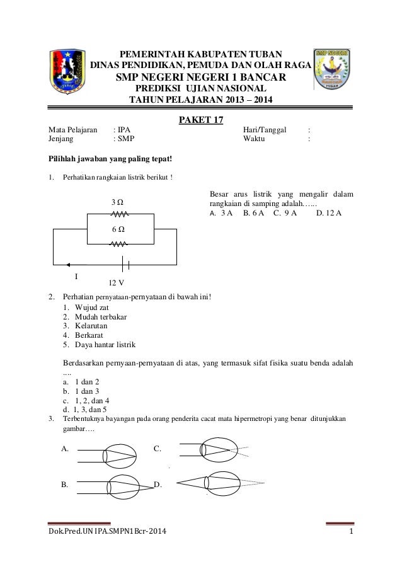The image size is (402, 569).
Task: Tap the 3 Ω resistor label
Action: click(117, 203)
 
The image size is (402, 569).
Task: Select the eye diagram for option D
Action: click(214, 482)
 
